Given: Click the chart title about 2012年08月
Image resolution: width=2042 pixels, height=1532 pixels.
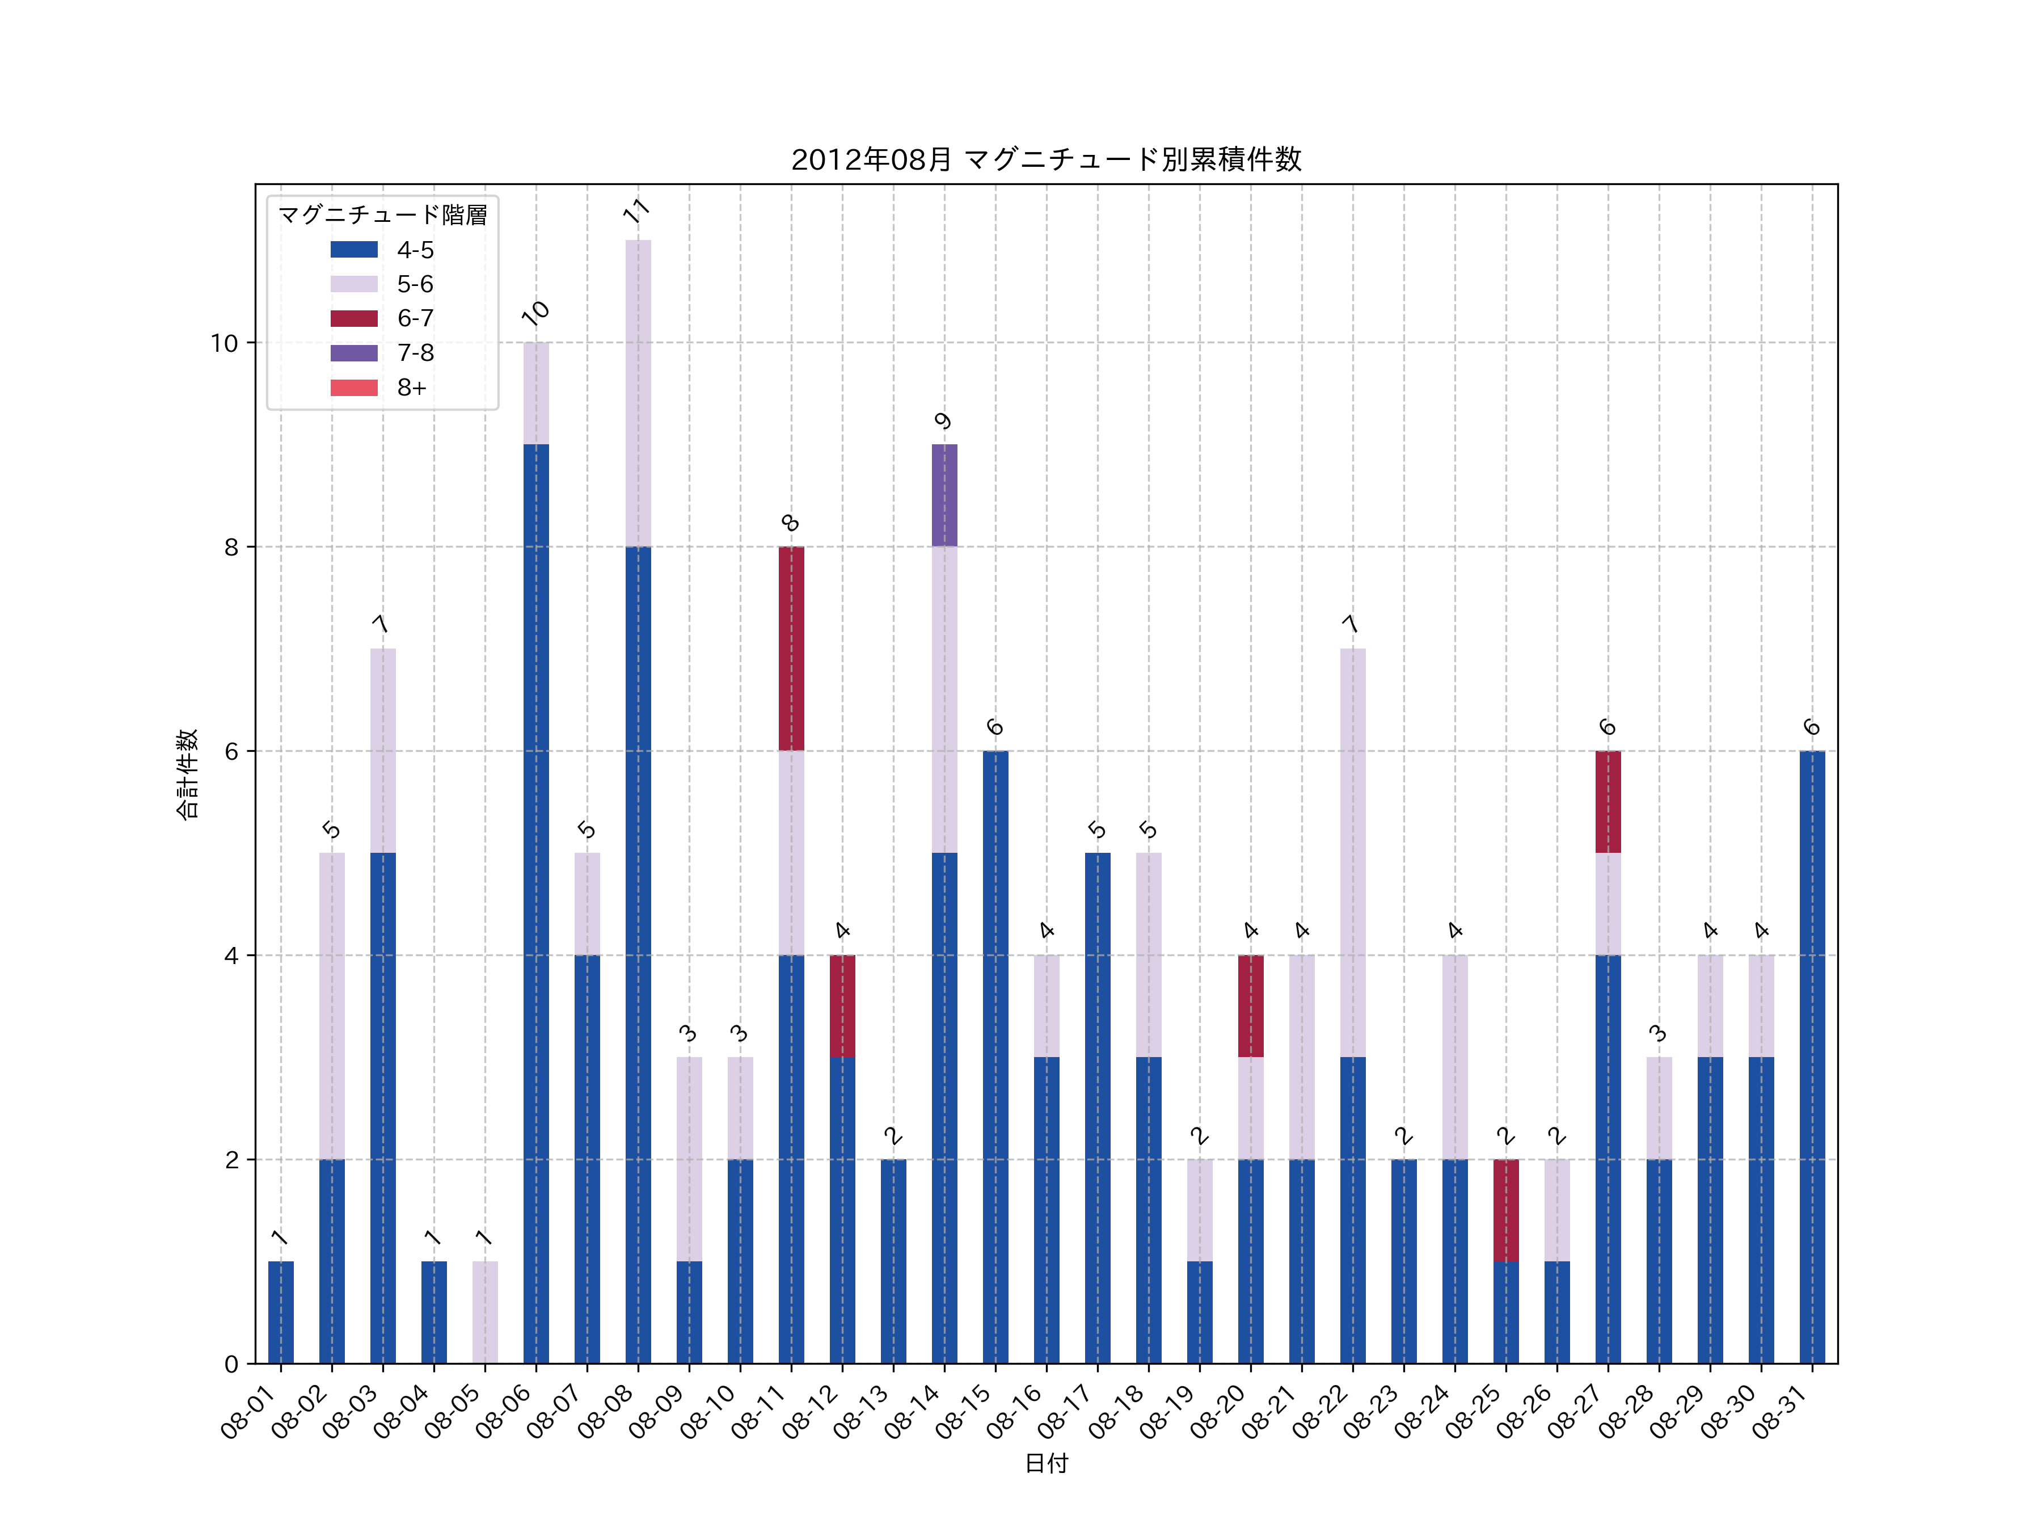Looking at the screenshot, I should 1046,160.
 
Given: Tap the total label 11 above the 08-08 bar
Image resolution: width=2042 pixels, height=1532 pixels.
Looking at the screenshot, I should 636,212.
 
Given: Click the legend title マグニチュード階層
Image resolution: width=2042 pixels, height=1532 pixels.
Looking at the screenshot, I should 382,215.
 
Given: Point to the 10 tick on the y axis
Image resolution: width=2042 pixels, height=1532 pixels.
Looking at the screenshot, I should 224,343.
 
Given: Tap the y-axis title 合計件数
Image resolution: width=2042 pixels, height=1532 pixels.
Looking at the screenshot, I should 187,774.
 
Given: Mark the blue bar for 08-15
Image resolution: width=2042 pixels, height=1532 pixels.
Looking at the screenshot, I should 995,1057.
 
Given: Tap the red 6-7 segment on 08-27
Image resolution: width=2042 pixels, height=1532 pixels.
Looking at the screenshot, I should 1608,802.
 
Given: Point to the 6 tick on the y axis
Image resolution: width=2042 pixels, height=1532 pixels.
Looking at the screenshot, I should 231,752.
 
